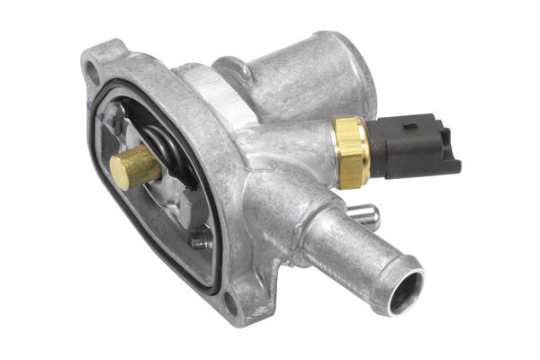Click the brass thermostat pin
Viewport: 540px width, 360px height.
point(135,167)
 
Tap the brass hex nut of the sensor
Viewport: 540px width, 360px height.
point(351,151)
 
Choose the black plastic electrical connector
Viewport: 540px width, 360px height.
point(409,146)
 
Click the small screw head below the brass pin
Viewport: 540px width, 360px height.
point(200,239)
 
